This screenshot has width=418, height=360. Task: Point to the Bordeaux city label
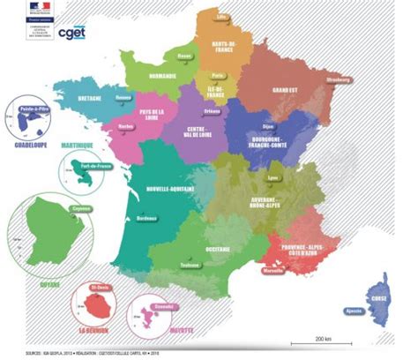tap(147, 217)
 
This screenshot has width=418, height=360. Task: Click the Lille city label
tap(220, 16)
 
